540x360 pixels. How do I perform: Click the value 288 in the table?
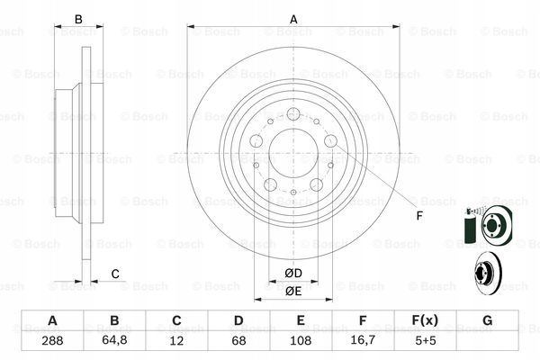click(x=52, y=341)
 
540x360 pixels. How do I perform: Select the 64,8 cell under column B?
click(x=114, y=340)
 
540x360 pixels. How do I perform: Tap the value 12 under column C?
click(x=176, y=341)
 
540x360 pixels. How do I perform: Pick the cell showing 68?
click(x=238, y=341)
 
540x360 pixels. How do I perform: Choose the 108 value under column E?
click(x=301, y=341)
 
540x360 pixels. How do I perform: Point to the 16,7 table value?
click(x=363, y=340)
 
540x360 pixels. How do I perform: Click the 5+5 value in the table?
click(x=426, y=341)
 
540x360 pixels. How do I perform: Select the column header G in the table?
click(x=487, y=320)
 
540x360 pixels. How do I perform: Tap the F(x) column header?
click(x=425, y=320)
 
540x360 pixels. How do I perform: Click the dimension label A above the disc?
click(x=293, y=19)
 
